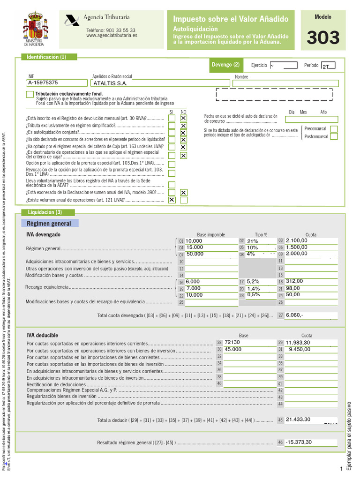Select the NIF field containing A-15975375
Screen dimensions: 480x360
click(x=58, y=83)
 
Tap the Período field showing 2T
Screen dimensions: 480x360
click(x=328, y=66)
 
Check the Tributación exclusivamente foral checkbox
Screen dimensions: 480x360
click(x=30, y=95)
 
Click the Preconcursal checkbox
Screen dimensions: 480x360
click(x=333, y=129)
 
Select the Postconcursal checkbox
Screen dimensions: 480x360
click(x=333, y=136)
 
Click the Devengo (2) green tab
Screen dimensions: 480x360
click(x=225, y=65)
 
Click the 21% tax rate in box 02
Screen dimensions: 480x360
click(x=253, y=241)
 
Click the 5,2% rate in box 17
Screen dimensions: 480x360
click(x=253, y=282)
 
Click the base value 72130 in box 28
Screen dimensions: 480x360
click(x=232, y=343)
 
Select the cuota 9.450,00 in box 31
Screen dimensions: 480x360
click(x=300, y=349)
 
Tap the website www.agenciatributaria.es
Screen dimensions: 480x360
click(x=112, y=35)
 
